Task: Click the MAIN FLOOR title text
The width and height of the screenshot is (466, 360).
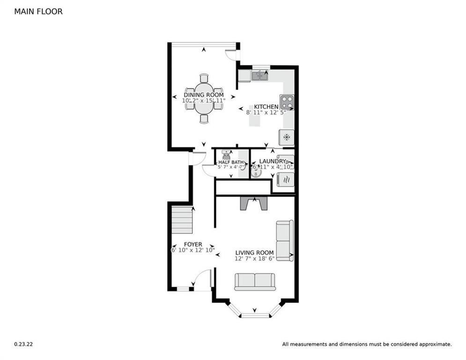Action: pyautogui.click(x=38, y=11)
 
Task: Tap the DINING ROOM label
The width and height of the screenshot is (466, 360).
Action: pyautogui.click(x=203, y=95)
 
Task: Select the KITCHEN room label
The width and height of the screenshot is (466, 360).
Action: pyautogui.click(x=266, y=106)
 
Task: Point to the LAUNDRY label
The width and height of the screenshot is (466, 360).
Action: pyautogui.click(x=272, y=161)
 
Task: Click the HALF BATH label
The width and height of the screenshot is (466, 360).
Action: pyautogui.click(x=231, y=162)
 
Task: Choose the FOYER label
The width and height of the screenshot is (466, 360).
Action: pyautogui.click(x=192, y=244)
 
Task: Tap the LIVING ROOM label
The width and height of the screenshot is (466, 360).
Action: pyautogui.click(x=254, y=253)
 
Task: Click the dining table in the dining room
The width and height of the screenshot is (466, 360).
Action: pyautogui.click(x=204, y=98)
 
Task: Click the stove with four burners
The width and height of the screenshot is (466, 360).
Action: pyautogui.click(x=287, y=102)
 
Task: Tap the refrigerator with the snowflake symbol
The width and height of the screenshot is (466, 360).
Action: pyautogui.click(x=286, y=137)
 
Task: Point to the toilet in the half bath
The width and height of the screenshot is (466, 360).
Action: pyautogui.click(x=227, y=154)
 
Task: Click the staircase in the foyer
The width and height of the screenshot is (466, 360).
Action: pyautogui.click(x=182, y=220)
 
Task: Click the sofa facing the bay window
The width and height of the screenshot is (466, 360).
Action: pyautogui.click(x=255, y=282)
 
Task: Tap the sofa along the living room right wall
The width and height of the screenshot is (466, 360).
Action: pyautogui.click(x=284, y=241)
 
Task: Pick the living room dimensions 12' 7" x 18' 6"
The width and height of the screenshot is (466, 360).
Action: pyautogui.click(x=254, y=259)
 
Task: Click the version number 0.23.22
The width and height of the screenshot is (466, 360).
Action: pyautogui.click(x=23, y=344)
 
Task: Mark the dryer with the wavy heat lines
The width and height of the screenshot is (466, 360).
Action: pyautogui.click(x=286, y=180)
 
